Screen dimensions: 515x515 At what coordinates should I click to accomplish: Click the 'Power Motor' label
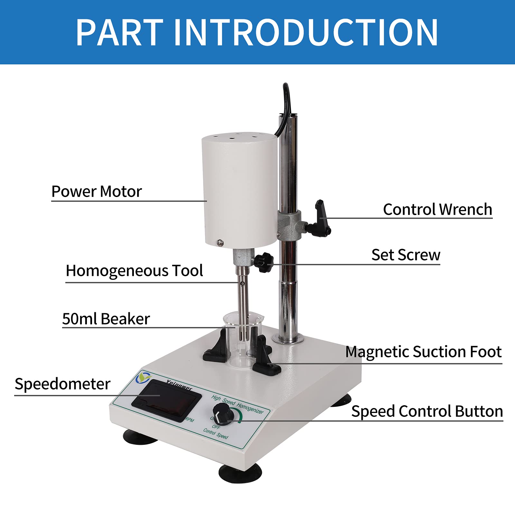coord(97,192)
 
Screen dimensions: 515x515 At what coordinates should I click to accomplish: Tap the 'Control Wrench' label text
coord(437,210)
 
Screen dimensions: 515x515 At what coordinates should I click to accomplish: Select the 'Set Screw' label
coord(406,255)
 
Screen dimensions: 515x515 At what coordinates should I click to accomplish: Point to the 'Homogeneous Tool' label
coord(134,271)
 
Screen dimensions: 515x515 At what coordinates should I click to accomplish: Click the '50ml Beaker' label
coord(106,319)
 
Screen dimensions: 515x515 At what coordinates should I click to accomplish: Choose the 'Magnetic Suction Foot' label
coord(423,352)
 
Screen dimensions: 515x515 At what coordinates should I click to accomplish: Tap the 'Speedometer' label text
coord(62,384)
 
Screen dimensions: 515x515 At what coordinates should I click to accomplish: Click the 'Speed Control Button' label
coord(427,411)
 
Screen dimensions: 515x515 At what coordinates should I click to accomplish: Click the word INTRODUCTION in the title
coord(305,32)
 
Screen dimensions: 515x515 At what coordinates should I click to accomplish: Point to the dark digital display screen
coord(166,400)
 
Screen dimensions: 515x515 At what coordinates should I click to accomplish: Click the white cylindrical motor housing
coord(240,190)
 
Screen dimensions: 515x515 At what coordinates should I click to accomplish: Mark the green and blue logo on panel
coord(143,377)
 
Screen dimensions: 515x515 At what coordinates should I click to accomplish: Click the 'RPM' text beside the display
coord(190,420)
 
